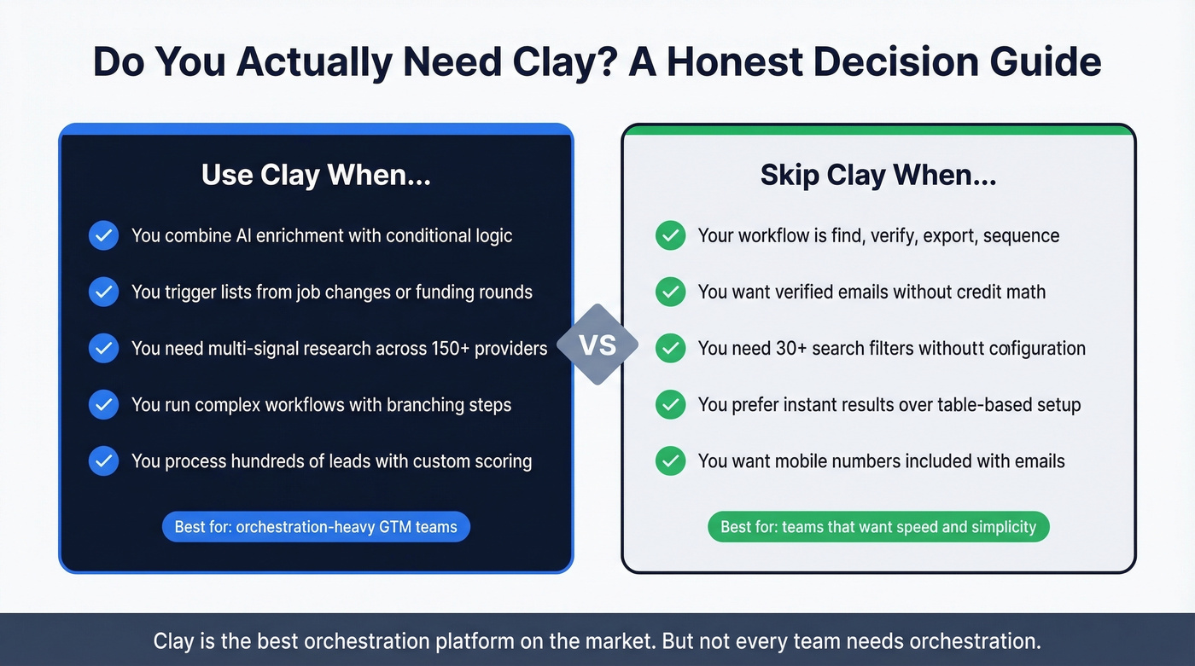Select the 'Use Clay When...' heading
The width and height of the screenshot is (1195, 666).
tap(316, 175)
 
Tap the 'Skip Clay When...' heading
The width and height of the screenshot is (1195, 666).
tap(878, 175)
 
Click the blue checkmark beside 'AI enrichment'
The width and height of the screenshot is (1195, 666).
tap(103, 235)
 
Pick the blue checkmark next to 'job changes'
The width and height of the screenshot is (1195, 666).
tap(103, 292)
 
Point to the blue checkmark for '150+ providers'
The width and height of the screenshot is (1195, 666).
tap(103, 348)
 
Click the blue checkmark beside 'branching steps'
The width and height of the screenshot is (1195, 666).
tap(103, 404)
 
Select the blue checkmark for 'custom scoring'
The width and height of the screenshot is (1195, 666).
tap(103, 461)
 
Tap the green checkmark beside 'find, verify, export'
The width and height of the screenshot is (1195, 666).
tap(670, 235)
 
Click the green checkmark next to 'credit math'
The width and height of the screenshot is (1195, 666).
tap(670, 292)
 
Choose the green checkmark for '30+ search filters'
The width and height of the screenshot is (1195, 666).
tap(670, 348)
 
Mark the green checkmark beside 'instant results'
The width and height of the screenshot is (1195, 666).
tap(670, 404)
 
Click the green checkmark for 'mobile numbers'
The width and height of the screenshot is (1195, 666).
tap(670, 461)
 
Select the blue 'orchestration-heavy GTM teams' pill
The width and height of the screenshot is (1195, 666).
tap(316, 527)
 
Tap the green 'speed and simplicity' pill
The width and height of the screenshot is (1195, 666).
tap(878, 527)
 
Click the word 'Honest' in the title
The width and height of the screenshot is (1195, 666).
tap(743, 63)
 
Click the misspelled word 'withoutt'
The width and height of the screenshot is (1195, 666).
tap(947, 348)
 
